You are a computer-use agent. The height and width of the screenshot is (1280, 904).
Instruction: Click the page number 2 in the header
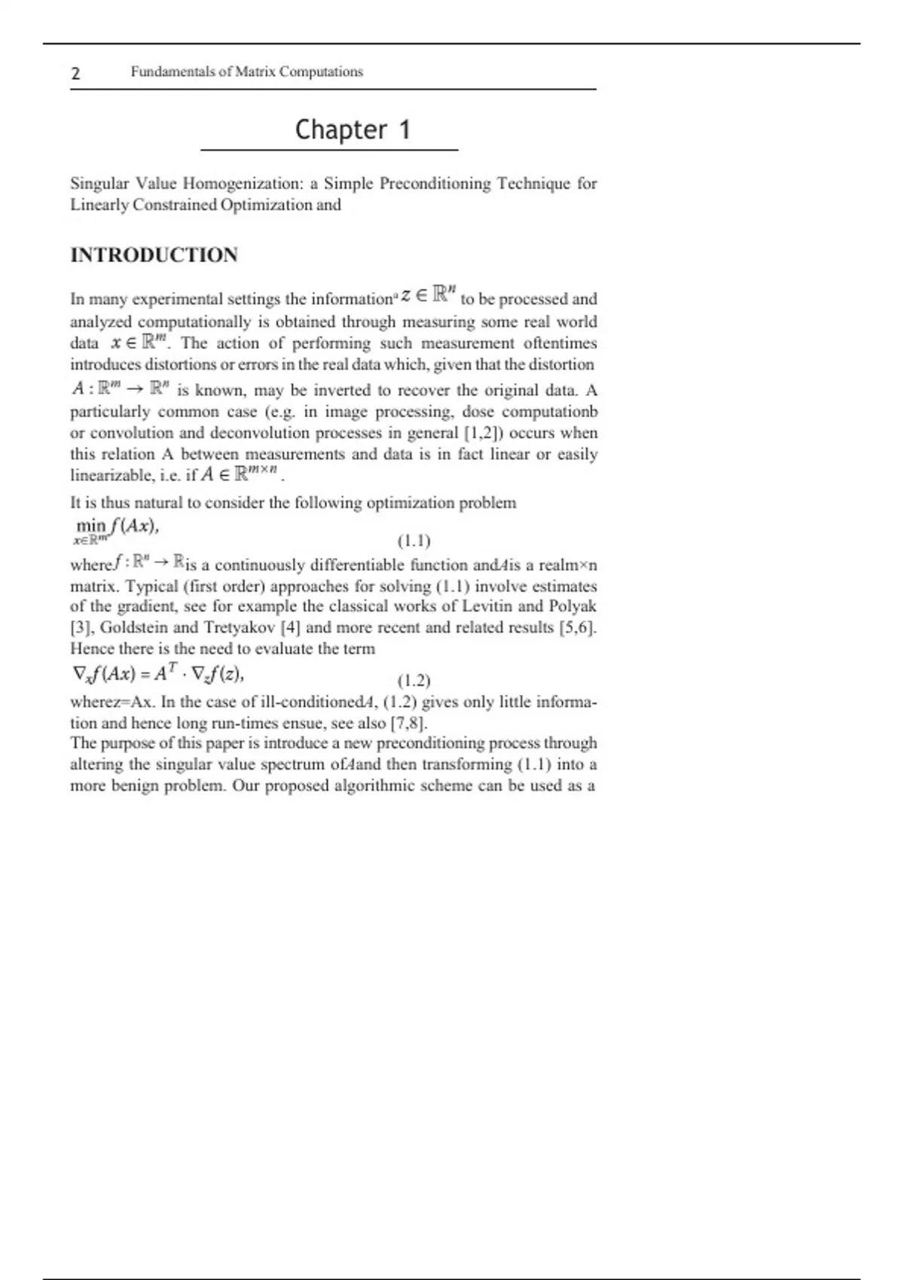click(75, 73)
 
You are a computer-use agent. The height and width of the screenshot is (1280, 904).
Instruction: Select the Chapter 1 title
click(353, 130)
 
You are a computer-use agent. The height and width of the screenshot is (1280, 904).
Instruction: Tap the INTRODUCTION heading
click(154, 255)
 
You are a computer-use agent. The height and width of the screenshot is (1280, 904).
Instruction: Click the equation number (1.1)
click(414, 541)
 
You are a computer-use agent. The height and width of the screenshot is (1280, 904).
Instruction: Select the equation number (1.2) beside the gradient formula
click(414, 681)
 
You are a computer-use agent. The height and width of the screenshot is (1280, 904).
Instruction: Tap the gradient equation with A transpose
click(157, 674)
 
